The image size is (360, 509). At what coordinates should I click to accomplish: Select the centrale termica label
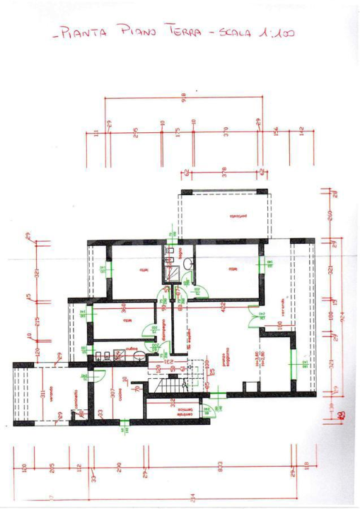186,410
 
